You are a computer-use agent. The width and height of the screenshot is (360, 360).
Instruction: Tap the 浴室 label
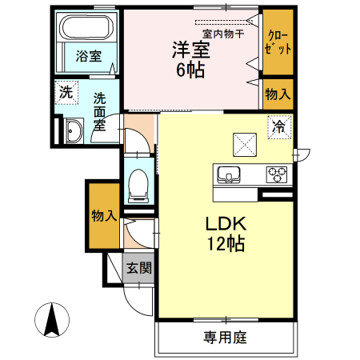coord(88,56)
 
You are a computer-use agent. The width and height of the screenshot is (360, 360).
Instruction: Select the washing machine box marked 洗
coord(66,92)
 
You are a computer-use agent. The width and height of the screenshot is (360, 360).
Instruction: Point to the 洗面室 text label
coord(100,112)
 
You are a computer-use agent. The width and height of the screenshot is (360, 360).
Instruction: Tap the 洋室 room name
coord(190,50)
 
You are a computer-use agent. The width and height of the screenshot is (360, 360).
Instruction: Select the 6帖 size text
coord(190,71)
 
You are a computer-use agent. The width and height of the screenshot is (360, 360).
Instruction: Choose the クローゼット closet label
coord(278,42)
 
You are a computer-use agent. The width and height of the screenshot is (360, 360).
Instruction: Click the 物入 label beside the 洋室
coord(278,94)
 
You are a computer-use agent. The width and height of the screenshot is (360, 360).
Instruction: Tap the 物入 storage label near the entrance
coord(104,216)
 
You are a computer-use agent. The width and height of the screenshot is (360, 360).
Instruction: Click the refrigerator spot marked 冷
coord(279,126)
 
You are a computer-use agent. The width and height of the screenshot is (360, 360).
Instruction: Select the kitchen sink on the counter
coord(228,174)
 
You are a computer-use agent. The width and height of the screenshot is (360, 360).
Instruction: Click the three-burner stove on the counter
coord(277,173)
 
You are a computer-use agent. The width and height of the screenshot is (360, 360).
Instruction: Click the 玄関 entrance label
coord(138,269)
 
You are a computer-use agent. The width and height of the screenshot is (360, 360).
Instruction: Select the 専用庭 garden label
coord(224,338)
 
